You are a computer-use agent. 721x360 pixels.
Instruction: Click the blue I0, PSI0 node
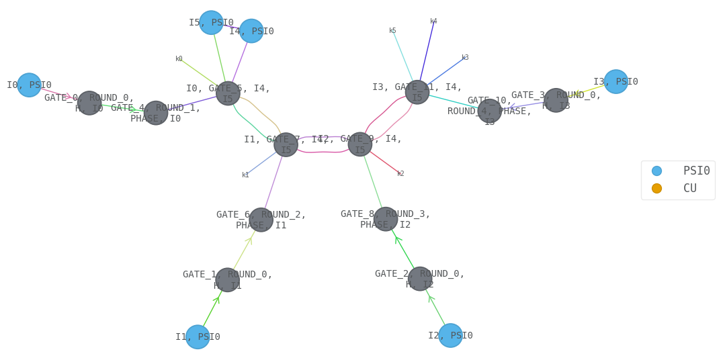(29, 85)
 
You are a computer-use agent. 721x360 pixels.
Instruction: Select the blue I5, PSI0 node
(211, 23)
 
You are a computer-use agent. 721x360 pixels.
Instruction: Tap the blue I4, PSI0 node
(251, 31)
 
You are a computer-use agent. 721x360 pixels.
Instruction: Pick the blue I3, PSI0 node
(616, 82)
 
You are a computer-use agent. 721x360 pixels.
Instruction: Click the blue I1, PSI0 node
(198, 337)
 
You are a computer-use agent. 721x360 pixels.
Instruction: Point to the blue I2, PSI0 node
(450, 335)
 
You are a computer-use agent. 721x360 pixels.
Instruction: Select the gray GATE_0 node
(89, 103)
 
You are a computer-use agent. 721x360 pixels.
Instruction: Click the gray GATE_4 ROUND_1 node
(155, 113)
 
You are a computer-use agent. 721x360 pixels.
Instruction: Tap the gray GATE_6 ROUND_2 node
(261, 220)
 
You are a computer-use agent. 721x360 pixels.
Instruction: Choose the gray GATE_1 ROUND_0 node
(228, 280)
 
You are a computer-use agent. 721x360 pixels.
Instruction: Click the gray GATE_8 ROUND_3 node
(385, 219)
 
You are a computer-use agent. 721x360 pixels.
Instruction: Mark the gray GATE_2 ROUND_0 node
(420, 279)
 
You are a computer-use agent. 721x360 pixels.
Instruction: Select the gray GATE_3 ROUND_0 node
(556, 100)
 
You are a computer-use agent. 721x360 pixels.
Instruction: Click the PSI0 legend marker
(656, 171)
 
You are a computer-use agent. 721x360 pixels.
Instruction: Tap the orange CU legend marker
(656, 188)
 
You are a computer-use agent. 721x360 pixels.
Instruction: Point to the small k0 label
(179, 59)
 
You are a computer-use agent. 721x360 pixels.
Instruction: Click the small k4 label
(433, 21)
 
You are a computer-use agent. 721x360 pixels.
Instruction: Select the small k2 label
(400, 173)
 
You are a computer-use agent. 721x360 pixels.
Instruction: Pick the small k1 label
(245, 175)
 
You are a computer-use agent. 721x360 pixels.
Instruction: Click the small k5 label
(392, 31)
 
